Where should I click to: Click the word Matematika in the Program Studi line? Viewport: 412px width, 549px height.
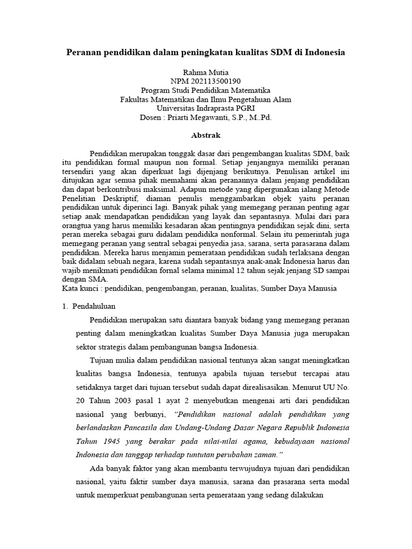[251, 90]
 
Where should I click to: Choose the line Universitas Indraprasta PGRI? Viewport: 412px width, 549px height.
[206, 108]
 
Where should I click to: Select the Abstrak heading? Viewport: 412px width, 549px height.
[206, 136]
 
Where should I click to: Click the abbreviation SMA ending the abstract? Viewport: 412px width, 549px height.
[99, 279]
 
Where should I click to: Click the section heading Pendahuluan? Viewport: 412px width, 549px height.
[97, 306]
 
